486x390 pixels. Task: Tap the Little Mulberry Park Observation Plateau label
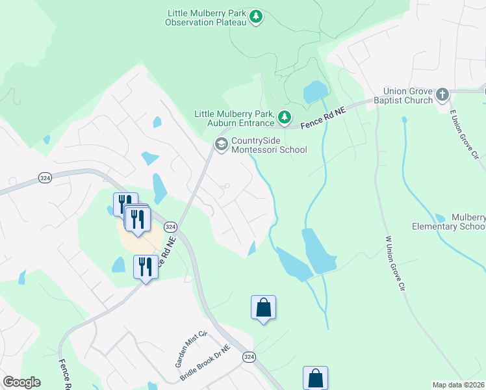206,18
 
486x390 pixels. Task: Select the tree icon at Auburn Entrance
284,118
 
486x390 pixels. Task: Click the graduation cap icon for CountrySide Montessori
221,144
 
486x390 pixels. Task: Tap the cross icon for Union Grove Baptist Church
442,95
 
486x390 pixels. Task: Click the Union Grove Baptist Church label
408,96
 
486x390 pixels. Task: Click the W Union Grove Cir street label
394,263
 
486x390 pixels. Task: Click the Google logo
21,382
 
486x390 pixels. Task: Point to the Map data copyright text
459,385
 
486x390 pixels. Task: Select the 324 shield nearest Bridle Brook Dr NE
249,357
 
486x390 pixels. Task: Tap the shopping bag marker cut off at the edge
315,378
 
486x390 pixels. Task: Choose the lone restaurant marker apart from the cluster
145,267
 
